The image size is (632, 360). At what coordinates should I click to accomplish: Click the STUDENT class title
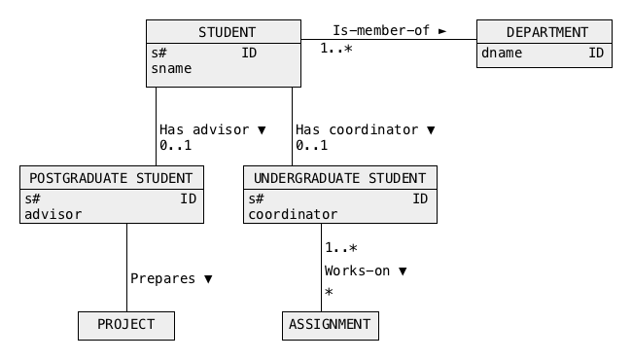(227, 32)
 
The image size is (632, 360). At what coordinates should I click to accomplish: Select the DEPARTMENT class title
(547, 32)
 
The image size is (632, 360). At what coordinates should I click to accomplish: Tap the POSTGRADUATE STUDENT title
(111, 178)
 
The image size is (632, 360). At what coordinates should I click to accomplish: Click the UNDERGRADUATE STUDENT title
(339, 178)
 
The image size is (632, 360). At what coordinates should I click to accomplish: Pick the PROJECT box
(126, 325)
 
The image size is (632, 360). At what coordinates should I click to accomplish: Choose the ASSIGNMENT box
(331, 325)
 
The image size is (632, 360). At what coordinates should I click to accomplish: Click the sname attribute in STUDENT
(171, 68)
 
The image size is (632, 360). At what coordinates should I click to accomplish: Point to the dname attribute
(502, 53)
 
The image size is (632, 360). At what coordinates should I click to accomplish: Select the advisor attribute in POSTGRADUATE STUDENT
(53, 214)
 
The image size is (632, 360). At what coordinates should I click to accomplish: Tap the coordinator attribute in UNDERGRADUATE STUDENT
(293, 214)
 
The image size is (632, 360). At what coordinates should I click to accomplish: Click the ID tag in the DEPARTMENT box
(596, 53)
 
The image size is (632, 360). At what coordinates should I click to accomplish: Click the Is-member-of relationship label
(381, 30)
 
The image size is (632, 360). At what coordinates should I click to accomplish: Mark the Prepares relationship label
(162, 278)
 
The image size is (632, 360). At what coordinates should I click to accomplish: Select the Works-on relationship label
(357, 270)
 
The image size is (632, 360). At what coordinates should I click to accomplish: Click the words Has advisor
(204, 129)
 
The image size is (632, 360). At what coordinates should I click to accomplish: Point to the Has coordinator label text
(357, 129)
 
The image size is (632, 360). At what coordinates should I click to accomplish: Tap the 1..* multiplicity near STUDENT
(336, 49)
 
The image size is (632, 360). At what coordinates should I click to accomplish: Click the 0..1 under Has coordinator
(311, 145)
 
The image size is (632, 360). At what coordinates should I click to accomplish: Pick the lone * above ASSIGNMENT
(329, 292)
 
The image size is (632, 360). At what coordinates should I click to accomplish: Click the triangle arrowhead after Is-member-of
(442, 30)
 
